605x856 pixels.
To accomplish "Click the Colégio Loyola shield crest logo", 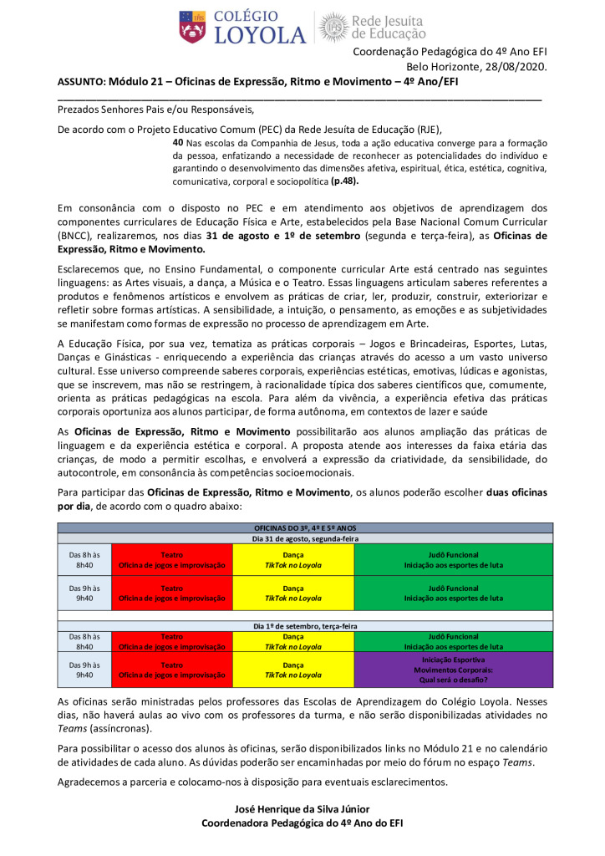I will point(192,27).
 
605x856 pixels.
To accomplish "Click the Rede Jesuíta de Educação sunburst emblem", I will point(333,27).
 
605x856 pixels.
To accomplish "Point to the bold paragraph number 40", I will point(178,143).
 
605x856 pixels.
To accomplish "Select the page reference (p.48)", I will point(345,181).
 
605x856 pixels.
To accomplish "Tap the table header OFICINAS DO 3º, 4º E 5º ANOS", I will point(305,528).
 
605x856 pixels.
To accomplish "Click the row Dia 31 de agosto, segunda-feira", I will point(305,538).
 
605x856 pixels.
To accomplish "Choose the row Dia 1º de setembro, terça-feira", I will point(305,625).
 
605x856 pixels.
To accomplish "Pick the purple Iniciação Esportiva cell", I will point(454,669).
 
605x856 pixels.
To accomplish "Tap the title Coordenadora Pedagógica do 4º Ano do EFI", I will point(302,823).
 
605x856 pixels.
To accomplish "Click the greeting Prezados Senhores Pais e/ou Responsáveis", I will point(155,109).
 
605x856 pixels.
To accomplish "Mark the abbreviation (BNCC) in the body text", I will point(75,236).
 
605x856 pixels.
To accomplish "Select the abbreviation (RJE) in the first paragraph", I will point(423,129).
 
